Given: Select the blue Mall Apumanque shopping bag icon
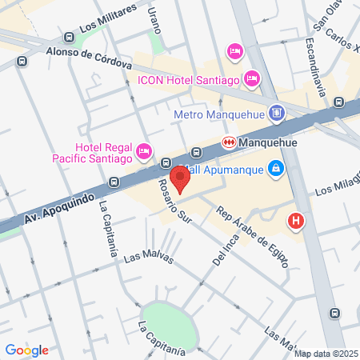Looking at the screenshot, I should pos(275,168).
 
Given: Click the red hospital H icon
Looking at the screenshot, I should pos(297,220).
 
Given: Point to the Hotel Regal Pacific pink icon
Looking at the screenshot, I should pos(144,150).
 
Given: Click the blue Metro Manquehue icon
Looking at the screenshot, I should pos(277,113).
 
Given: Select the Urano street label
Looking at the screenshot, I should pos(152,20).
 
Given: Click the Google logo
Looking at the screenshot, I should pos(26,350).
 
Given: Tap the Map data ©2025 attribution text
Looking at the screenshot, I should pos(326,354).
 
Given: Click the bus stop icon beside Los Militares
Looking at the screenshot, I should pos(69,37).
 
